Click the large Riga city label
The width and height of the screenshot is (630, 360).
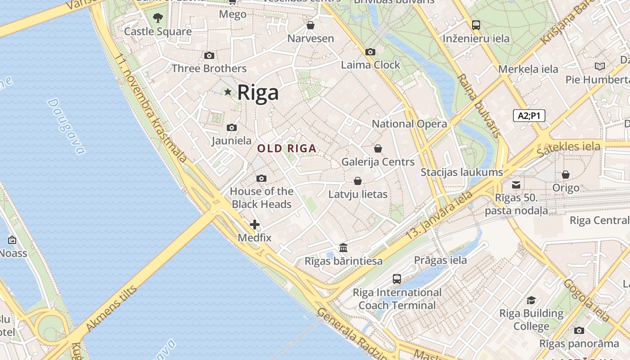(x=258, y=92)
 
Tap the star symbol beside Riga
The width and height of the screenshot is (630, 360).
(x=228, y=92)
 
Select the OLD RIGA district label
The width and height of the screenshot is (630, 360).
(x=287, y=148)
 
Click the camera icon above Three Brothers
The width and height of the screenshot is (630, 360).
(x=209, y=56)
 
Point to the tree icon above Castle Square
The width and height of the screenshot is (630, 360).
(x=157, y=18)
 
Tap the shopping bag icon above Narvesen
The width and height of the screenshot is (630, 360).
(x=310, y=25)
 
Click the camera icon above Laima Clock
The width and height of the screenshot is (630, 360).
(x=370, y=52)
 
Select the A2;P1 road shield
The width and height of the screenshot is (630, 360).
(x=529, y=116)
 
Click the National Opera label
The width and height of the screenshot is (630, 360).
(x=409, y=124)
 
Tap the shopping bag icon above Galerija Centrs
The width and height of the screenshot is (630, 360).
(x=378, y=148)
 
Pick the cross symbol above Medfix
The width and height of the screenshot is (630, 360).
(x=255, y=224)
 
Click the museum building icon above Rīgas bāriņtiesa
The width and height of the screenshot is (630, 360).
(x=343, y=247)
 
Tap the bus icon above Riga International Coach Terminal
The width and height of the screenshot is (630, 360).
(x=397, y=279)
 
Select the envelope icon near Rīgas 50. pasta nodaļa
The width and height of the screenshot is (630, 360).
(x=516, y=184)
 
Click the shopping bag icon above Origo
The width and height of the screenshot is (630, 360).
(x=566, y=175)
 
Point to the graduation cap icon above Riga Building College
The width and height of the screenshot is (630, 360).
(x=531, y=300)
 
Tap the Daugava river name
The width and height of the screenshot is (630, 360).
(x=66, y=126)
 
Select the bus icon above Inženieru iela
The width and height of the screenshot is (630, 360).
(x=476, y=25)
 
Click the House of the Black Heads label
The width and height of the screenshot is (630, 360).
(x=261, y=198)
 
